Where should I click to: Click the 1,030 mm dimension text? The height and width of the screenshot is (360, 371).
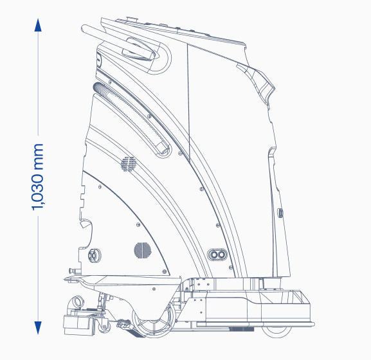[x=38, y=177]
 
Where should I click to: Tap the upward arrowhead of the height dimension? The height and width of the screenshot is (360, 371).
[x=38, y=25]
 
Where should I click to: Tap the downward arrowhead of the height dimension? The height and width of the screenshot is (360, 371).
[x=38, y=328]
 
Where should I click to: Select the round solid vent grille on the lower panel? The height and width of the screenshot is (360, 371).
[x=143, y=250]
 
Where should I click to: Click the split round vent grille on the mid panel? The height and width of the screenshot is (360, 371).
[x=129, y=164]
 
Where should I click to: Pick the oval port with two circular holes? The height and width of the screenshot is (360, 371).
[x=217, y=255]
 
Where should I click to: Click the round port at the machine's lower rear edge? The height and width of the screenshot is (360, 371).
[x=95, y=255]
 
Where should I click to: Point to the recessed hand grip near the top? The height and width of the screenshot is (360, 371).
[x=138, y=50]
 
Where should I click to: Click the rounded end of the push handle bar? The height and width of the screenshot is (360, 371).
[x=84, y=29]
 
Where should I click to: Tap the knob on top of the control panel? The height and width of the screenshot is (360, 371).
[x=132, y=19]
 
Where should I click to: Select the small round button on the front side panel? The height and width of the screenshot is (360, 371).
[x=280, y=213]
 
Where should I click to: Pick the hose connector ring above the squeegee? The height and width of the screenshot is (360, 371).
[x=78, y=302]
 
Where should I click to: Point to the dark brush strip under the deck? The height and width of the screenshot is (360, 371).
[x=241, y=329]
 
